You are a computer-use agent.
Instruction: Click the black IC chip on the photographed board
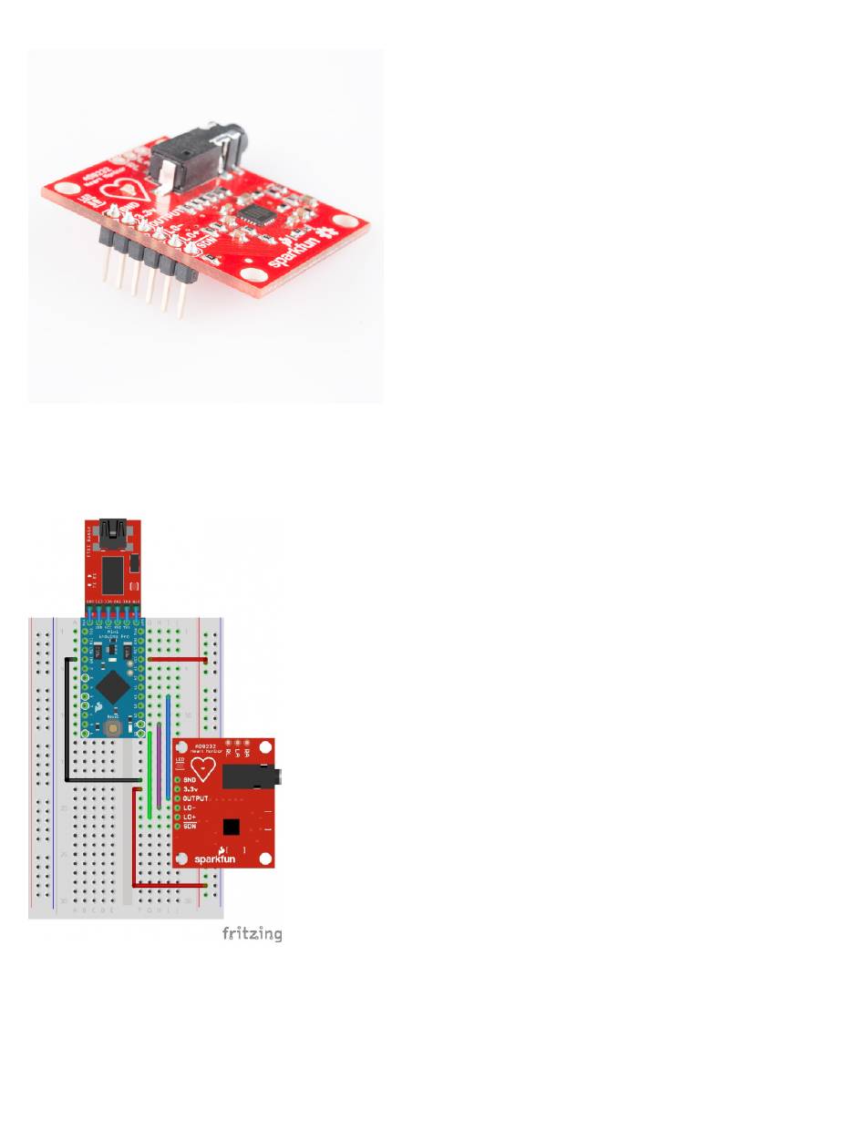tap(251, 215)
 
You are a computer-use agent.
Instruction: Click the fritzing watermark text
tap(252, 933)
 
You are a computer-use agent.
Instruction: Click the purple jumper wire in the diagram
tap(160, 766)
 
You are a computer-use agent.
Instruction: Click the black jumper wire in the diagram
tap(67, 729)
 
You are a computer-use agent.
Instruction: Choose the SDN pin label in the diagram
tap(190, 827)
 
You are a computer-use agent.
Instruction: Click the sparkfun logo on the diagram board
tap(212, 857)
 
